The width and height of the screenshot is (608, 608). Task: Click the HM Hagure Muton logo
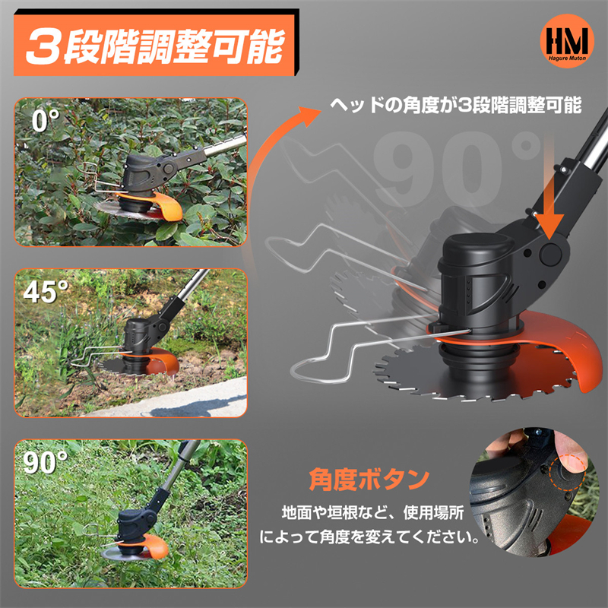click(x=567, y=41)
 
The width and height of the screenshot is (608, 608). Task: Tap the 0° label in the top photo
click(x=45, y=120)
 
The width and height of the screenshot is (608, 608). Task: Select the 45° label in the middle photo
click(x=46, y=292)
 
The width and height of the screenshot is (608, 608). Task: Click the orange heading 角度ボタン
click(x=369, y=480)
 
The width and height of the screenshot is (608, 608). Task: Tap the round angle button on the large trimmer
click(x=551, y=254)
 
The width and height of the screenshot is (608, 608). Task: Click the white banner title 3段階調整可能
click(x=155, y=46)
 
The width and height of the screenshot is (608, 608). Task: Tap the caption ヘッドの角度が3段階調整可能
click(x=455, y=105)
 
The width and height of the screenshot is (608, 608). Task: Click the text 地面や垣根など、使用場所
click(x=372, y=512)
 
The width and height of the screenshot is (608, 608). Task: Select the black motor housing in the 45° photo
click(x=138, y=334)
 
